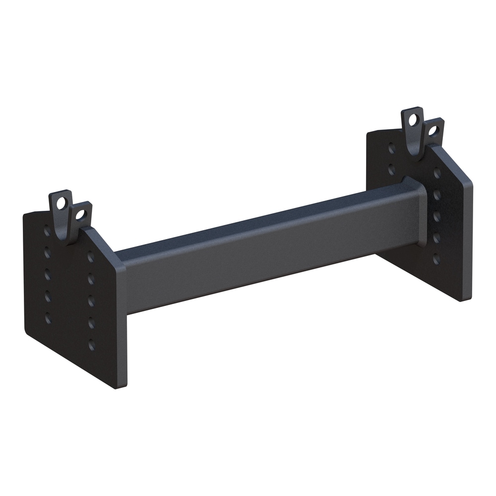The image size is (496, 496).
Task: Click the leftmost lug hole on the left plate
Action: [62, 203]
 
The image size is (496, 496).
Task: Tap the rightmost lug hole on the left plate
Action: [80, 215]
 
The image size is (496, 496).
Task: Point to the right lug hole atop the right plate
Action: [433, 131]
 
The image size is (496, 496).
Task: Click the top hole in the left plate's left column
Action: [47, 231]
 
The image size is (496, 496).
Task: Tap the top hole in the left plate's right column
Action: [91, 257]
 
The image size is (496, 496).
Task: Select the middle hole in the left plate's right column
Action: [91, 300]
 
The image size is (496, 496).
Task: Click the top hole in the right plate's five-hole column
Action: [437, 173]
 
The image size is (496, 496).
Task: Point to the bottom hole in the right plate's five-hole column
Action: [436, 259]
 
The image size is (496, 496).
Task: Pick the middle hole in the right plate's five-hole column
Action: [437, 216]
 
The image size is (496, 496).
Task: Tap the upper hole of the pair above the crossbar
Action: [391, 148]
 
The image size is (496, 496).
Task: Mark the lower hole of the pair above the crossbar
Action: [391, 169]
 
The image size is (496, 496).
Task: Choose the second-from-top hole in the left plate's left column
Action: [48, 253]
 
